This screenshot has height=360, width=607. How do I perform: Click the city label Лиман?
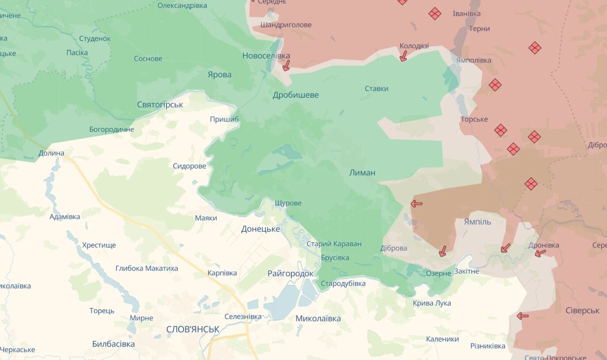tap(362, 172)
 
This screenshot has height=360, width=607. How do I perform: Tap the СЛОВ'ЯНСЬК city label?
tap(193, 329)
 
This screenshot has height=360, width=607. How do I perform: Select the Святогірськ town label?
tap(160, 105)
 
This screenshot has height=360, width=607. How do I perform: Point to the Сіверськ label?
tap(582, 310)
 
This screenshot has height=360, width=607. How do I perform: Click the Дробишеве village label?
tap(295, 95)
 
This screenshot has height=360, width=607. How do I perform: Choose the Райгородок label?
tap(290, 273)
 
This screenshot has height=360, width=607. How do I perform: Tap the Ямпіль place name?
tap(477, 222)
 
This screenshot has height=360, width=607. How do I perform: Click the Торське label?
tap(474, 119)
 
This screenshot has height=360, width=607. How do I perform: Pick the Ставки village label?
tap(376, 88)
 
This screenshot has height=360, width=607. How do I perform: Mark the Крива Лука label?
tap(431, 303)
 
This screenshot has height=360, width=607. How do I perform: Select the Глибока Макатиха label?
tap(147, 268)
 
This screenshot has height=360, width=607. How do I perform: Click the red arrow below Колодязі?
tap(403, 56)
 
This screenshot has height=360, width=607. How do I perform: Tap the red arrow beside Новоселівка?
tap(286, 66)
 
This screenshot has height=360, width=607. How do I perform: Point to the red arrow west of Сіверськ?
tap(523, 316)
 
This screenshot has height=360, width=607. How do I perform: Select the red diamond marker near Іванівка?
tap(435, 14)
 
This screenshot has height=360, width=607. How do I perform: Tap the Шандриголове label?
tap(286, 25)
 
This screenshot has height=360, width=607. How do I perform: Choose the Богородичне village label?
tap(111, 130)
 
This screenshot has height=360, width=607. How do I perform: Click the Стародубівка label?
tap(343, 283)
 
